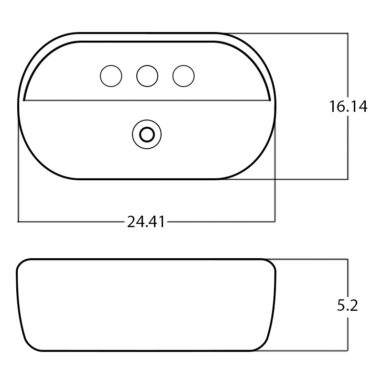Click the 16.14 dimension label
(x=348, y=107)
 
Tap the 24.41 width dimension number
(x=146, y=222)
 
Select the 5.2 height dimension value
(x=348, y=306)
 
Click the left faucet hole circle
(x=111, y=76)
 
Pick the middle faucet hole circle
(x=147, y=76)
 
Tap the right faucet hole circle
(x=184, y=76)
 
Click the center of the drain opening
(x=147, y=134)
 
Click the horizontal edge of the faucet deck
(x=147, y=100)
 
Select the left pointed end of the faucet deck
(x=24, y=100)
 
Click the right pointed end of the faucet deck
(x=270, y=100)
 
